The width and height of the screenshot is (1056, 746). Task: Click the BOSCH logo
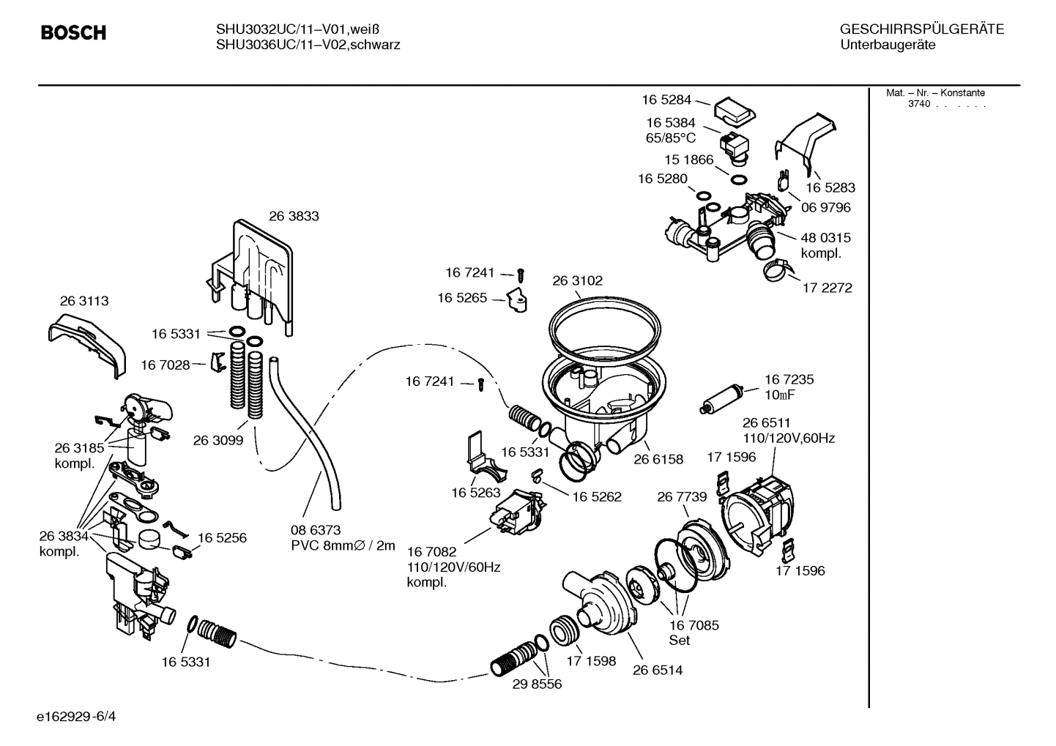[x=73, y=33]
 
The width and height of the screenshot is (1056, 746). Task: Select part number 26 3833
[x=294, y=216]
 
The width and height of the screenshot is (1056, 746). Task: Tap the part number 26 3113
[x=84, y=301]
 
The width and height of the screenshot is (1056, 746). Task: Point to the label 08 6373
[x=316, y=529]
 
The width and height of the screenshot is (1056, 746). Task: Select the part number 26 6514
[x=658, y=670]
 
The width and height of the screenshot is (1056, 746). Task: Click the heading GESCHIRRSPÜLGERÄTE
[x=921, y=29]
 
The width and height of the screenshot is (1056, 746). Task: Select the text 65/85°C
[x=671, y=138]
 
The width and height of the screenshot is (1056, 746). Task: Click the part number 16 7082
[x=431, y=551]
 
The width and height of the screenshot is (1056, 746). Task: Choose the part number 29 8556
[x=537, y=684]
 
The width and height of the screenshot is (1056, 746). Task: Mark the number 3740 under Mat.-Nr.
[x=918, y=104]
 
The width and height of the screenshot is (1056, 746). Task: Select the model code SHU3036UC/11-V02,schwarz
[x=308, y=45]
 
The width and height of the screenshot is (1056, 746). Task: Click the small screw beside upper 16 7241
[x=521, y=275]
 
